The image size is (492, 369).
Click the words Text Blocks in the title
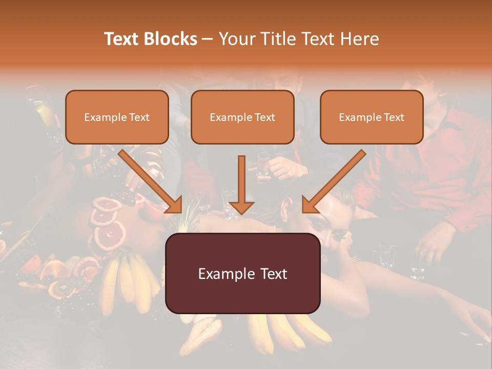(x=151, y=39)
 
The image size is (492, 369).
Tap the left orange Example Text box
(x=117, y=117)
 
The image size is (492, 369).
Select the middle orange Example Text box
(x=242, y=117)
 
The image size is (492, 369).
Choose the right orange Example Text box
(x=372, y=117)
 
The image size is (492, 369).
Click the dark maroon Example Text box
(x=242, y=273)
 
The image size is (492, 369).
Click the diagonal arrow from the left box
(x=149, y=179)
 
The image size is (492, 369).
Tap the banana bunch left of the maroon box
(x=126, y=282)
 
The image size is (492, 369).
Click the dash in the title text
(x=208, y=39)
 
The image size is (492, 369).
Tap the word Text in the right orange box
(x=394, y=117)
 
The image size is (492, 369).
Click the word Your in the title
(x=236, y=39)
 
